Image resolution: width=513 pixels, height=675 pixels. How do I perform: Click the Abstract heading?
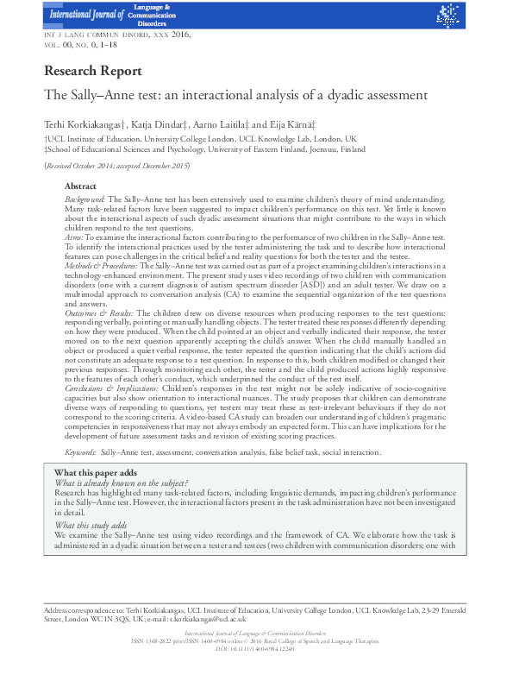pyautogui.click(x=80, y=186)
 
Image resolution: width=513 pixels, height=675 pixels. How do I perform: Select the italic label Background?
pyautogui.click(x=87, y=199)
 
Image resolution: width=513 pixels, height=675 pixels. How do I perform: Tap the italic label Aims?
pyautogui.click(x=76, y=235)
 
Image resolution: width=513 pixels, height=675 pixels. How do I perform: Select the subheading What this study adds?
pyautogui.click(x=91, y=525)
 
